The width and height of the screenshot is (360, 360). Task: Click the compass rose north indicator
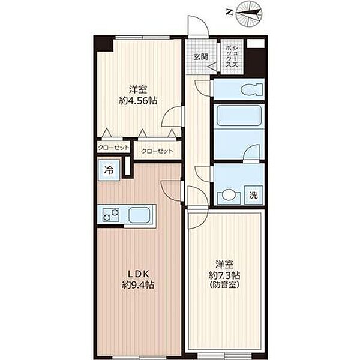249,13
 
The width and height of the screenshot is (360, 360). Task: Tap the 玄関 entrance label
201,56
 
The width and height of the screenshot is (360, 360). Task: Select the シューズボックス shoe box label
232,56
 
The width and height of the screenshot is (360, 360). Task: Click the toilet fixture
252,89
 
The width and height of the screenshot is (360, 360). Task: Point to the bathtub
239,115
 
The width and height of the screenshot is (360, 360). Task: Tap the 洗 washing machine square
254,195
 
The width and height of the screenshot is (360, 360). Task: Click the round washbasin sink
229,195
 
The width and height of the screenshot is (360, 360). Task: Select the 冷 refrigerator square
109,170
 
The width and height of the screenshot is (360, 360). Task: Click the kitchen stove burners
110,215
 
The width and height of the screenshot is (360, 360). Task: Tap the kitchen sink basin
140,215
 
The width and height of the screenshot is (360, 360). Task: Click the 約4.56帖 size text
138,101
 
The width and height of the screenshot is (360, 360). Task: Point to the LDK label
139,274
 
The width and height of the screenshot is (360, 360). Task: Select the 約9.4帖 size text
138,285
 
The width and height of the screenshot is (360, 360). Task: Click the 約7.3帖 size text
224,275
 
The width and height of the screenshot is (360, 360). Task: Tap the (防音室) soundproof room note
224,285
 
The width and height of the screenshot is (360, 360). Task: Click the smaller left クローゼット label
113,148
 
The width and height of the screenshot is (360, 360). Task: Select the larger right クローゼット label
157,151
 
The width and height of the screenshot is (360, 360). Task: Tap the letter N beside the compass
229,12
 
